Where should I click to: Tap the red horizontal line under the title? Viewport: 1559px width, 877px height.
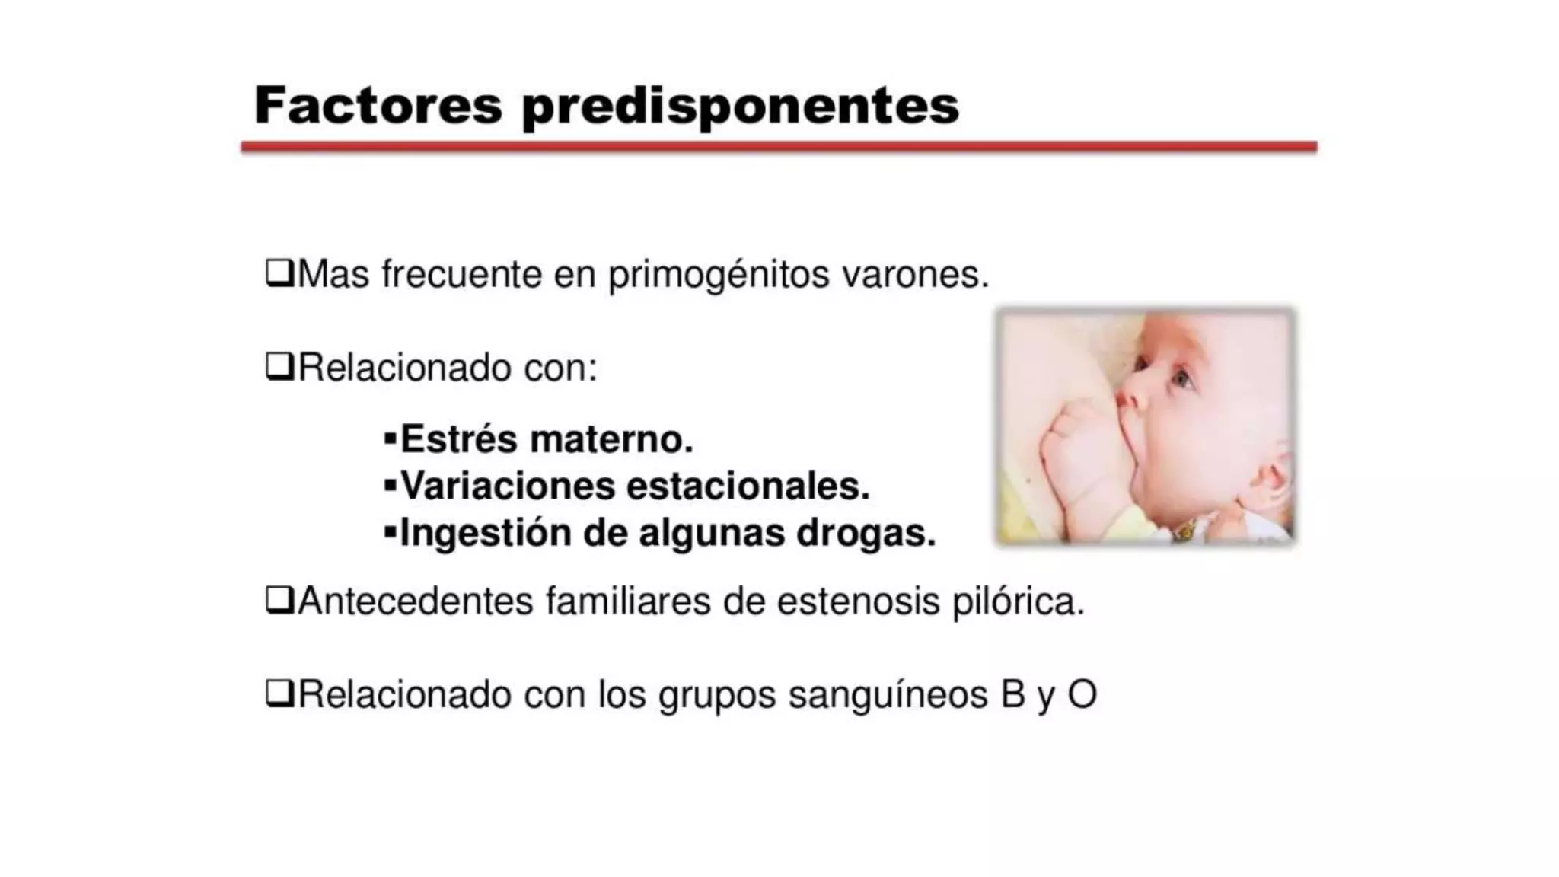click(x=778, y=147)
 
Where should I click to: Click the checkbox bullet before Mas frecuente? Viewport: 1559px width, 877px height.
click(x=279, y=273)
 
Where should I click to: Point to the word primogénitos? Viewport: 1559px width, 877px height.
click(x=718, y=276)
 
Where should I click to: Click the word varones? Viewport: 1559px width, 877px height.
click(x=914, y=274)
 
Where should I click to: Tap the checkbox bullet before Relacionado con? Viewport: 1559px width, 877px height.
click(x=279, y=367)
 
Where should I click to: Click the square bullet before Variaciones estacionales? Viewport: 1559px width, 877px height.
click(x=390, y=485)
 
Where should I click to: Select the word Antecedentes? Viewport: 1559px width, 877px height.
click(x=416, y=601)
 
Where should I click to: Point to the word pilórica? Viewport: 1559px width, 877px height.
click(x=1018, y=602)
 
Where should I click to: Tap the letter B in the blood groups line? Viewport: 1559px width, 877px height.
click(x=1012, y=694)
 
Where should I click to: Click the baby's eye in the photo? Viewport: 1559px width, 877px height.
click(x=1181, y=378)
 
